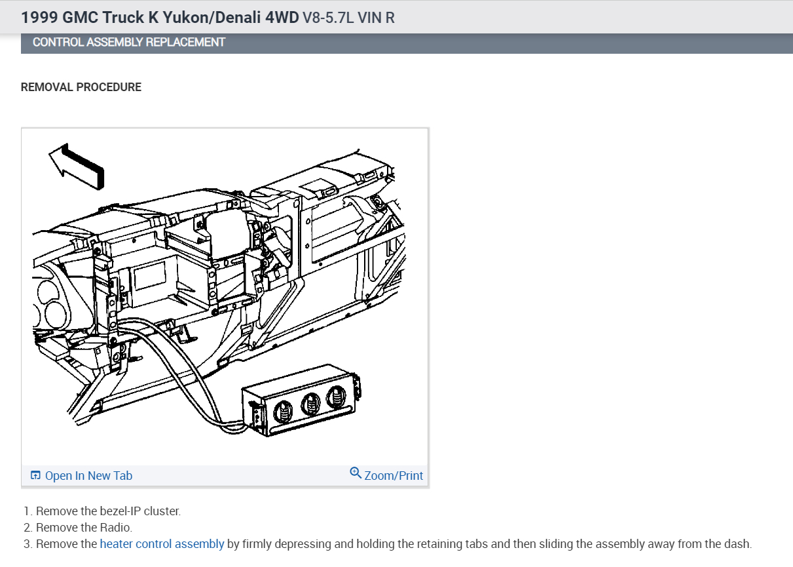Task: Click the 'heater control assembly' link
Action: point(162,543)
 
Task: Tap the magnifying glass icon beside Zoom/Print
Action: point(356,473)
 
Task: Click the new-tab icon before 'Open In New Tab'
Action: point(35,475)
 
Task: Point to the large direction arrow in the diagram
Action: point(77,166)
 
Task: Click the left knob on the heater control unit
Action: point(283,412)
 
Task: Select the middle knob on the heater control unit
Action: point(310,404)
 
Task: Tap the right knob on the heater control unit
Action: point(337,397)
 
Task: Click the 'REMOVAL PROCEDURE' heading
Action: point(81,87)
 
